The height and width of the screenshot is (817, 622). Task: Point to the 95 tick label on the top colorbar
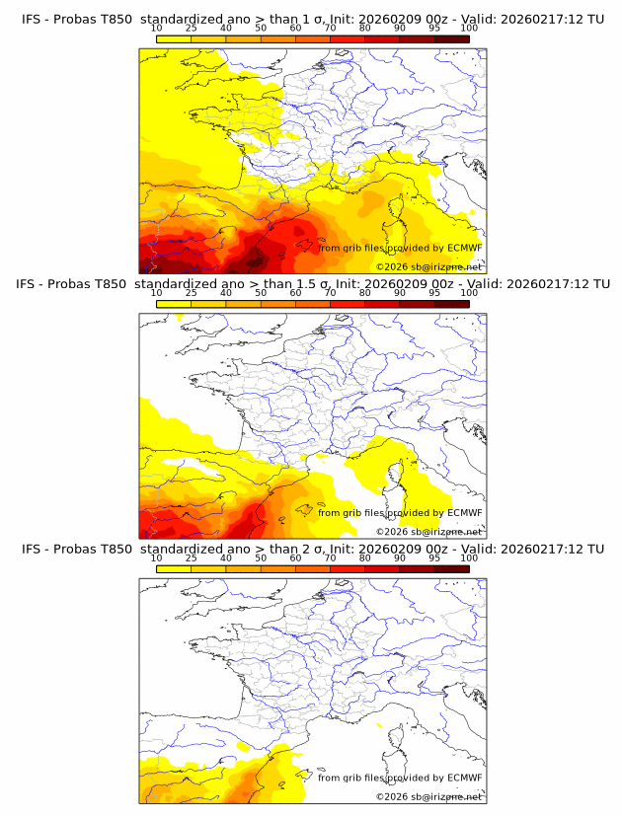[434, 30]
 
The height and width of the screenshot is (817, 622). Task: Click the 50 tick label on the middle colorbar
[261, 293]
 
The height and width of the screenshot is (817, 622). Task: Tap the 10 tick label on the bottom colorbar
[156, 557]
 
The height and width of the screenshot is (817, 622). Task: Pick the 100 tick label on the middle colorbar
[469, 293]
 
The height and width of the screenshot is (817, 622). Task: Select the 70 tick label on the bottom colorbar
[330, 557]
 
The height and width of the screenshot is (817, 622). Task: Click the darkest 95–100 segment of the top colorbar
[451, 39]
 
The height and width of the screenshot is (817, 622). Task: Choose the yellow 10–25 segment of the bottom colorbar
[173, 568]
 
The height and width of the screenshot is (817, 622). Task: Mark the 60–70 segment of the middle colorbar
[312, 304]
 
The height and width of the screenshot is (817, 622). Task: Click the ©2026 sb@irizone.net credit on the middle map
[428, 531]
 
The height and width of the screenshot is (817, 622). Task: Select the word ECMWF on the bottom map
[464, 778]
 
